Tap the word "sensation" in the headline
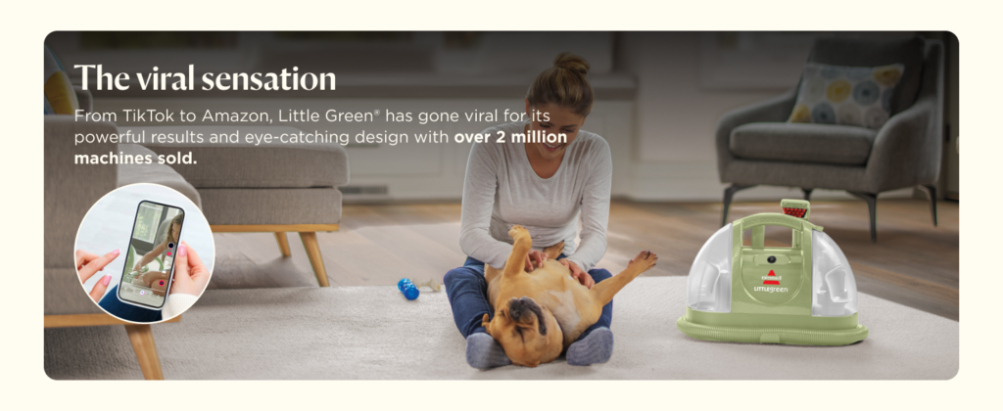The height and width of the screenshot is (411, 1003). click(269, 78)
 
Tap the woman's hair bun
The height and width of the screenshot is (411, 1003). click(571, 64)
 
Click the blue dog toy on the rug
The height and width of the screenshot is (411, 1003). click(407, 289)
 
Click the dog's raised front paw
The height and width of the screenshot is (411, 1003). click(519, 235)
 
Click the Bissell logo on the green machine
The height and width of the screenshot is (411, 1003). click(770, 277)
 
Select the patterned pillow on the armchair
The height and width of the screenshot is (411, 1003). click(844, 95)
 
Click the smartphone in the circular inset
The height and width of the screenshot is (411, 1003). click(150, 254)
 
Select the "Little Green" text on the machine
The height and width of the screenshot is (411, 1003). click(771, 290)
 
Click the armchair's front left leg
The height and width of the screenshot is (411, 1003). click(728, 205)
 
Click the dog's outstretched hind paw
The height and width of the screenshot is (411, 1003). click(643, 260)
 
